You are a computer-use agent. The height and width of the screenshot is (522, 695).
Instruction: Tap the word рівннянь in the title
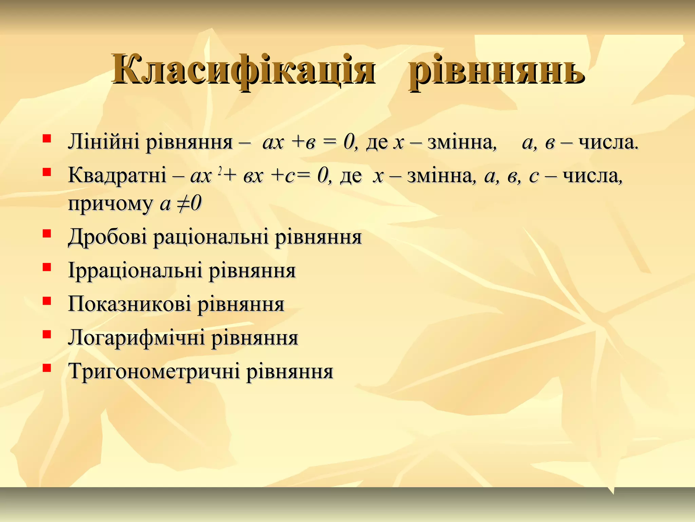pyautogui.click(x=496, y=71)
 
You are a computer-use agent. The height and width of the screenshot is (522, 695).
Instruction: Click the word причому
pyautogui.click(x=110, y=204)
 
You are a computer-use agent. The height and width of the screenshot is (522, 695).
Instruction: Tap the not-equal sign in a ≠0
pyautogui.click(x=183, y=204)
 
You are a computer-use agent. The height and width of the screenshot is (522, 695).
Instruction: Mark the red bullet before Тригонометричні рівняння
pyautogui.click(x=47, y=368)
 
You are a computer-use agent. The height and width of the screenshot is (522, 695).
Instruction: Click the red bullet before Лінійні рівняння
pyautogui.click(x=47, y=138)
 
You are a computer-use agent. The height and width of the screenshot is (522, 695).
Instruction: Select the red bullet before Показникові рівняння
pyautogui.click(x=47, y=300)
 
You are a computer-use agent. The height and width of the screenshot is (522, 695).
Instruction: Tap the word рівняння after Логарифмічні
pyautogui.click(x=255, y=337)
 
